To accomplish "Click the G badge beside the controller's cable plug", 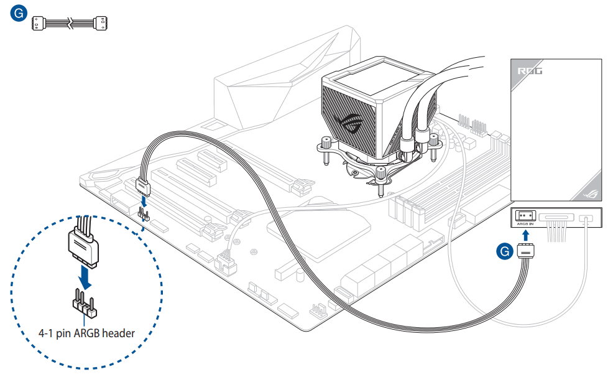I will click(507, 251).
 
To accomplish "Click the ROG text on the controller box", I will click(530, 71).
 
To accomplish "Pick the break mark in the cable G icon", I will click(70, 23).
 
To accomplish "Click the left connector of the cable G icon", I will click(40, 23).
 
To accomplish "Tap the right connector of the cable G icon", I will click(101, 23).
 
